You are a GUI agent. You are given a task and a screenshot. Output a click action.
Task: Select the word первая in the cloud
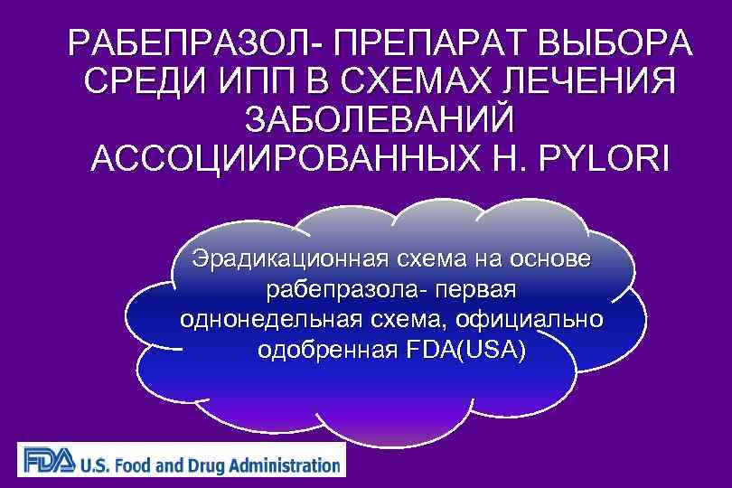pyautogui.click(x=474, y=290)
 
